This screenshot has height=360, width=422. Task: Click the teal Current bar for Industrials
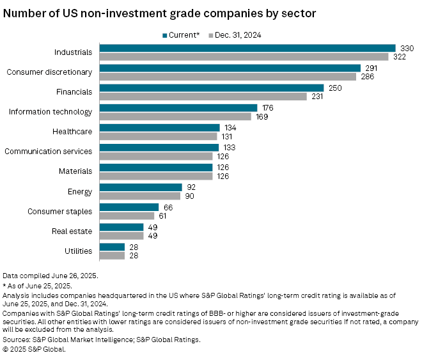247,48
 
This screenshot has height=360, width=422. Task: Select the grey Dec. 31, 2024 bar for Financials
203,97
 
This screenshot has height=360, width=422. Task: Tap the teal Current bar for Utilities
112,247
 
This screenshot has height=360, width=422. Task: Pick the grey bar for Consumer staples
127,215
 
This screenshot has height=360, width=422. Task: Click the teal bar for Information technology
178,108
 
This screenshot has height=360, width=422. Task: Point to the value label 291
370,68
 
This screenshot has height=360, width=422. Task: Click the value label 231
316,97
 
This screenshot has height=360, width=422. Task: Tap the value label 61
162,216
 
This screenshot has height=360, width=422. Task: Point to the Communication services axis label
49,152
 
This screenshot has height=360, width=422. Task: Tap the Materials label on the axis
76,171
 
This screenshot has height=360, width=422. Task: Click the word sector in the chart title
283,13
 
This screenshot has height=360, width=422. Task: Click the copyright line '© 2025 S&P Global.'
35,349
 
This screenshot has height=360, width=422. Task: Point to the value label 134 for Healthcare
229,128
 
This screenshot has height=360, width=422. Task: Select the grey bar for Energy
140,196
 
